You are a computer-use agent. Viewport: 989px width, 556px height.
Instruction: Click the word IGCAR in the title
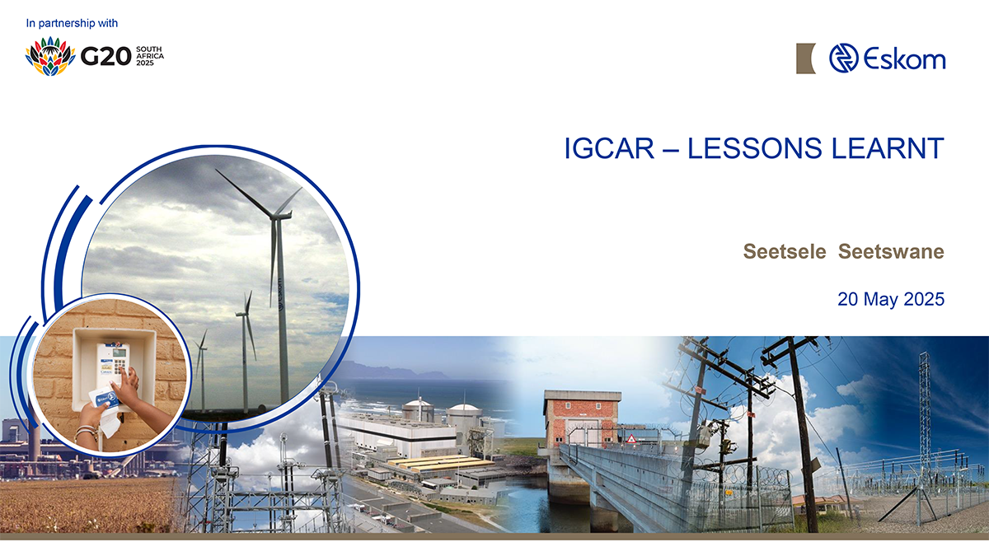(x=609, y=148)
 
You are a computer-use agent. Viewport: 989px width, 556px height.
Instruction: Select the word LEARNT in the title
(x=888, y=148)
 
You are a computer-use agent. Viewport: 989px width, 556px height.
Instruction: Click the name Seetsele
(x=785, y=251)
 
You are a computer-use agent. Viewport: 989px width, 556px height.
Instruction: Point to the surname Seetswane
(x=891, y=251)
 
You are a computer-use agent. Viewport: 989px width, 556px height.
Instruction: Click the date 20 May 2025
(x=891, y=299)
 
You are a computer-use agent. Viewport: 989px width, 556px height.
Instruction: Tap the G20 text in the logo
(x=106, y=56)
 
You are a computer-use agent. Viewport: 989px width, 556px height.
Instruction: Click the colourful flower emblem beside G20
(x=50, y=56)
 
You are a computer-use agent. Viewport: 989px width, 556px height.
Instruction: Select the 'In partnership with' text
(x=72, y=23)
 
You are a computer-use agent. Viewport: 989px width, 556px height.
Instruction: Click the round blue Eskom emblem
(x=843, y=58)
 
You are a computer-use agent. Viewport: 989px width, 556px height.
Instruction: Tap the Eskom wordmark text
(x=904, y=58)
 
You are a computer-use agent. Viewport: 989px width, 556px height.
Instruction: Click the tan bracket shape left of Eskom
(x=805, y=58)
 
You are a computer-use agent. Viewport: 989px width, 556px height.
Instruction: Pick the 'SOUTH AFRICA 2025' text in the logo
(x=150, y=56)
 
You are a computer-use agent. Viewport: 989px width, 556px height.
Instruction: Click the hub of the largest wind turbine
(x=276, y=217)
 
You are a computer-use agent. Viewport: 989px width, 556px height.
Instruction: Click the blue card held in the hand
(x=106, y=399)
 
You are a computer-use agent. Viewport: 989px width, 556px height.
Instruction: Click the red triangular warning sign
(x=631, y=438)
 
